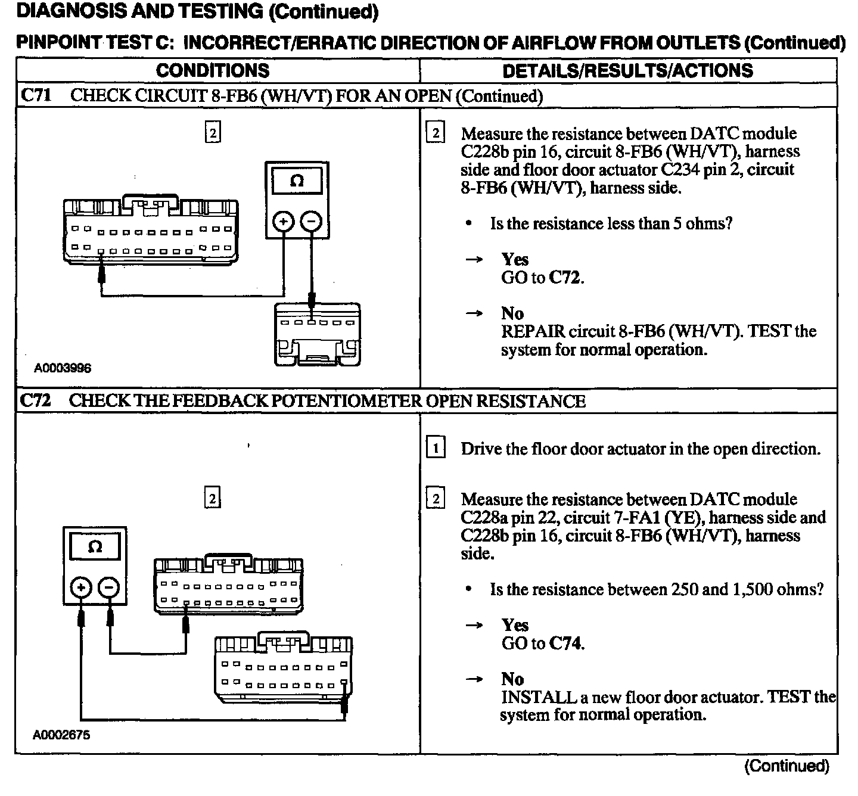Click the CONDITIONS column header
click(x=213, y=71)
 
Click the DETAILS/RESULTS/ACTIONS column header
click(x=627, y=71)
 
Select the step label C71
click(x=36, y=96)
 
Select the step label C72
click(x=35, y=401)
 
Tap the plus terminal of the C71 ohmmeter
click(x=283, y=222)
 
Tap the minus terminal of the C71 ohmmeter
click(x=311, y=222)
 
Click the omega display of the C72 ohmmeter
click(x=95, y=547)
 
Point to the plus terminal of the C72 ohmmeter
click(x=80, y=587)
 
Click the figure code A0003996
click(x=63, y=368)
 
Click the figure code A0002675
click(x=61, y=735)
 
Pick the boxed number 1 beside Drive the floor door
click(x=436, y=447)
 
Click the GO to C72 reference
click(x=542, y=278)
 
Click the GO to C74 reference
click(x=542, y=643)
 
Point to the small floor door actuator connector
click(x=317, y=334)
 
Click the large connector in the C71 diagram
click(x=151, y=232)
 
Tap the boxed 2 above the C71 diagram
click(x=212, y=132)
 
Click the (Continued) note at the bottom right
click(x=786, y=766)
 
